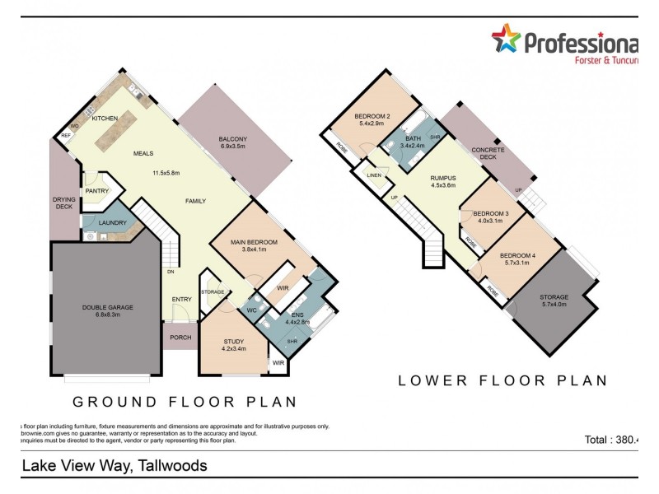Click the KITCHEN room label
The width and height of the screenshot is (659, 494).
point(105,119)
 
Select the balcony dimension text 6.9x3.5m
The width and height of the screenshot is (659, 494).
point(235,147)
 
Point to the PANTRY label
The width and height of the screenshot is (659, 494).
point(97,190)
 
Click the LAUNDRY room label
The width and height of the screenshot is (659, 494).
point(113,223)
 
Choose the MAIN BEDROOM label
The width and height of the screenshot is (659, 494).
point(254,242)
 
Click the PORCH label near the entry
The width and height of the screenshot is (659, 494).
point(180,337)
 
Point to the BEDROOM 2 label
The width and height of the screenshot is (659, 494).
point(372,116)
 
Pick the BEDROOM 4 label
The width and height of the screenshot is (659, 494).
point(517,255)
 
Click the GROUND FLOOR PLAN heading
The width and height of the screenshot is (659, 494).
point(185,402)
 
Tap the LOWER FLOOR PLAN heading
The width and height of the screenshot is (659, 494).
point(502,380)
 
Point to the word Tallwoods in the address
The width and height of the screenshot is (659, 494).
point(173,465)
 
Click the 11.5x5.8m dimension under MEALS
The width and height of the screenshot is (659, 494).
point(166,173)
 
